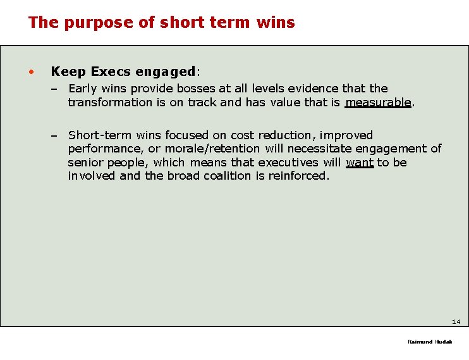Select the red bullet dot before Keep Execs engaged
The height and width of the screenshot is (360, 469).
point(30,71)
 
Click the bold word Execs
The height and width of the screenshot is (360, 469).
point(111,71)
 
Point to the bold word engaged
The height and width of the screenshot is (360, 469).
point(166,72)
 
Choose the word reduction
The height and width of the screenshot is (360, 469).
point(285,135)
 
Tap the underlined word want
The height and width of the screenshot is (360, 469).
point(360,163)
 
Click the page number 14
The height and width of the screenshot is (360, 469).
point(456,321)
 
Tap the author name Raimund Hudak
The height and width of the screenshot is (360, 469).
point(430,342)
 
